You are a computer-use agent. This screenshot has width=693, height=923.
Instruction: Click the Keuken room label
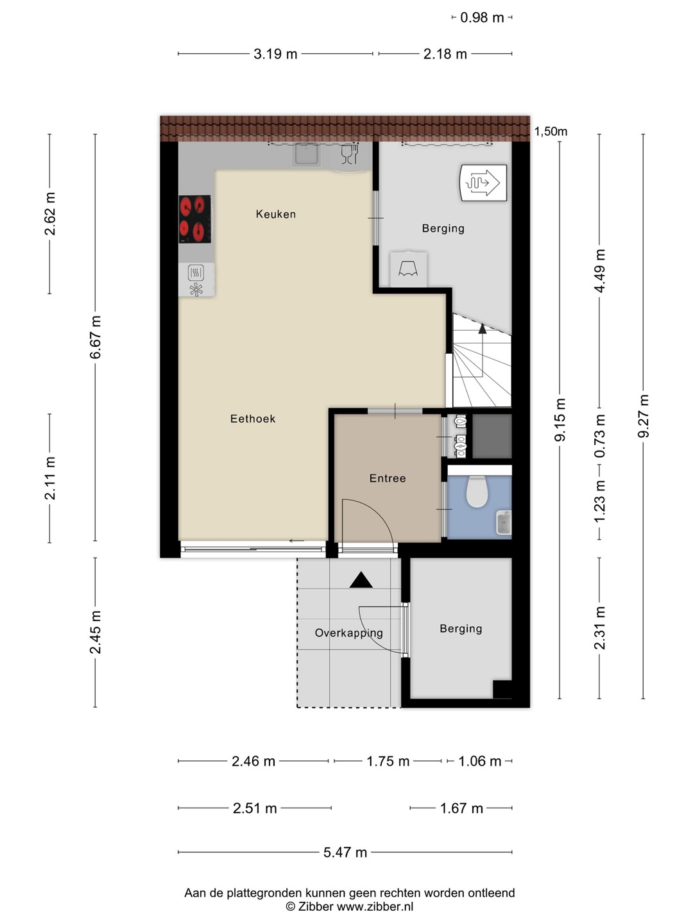point(276,214)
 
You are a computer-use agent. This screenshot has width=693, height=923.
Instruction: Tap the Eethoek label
point(252,419)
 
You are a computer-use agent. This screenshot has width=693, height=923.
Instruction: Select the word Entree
point(388,478)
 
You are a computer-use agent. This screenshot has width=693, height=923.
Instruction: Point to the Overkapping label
point(349,633)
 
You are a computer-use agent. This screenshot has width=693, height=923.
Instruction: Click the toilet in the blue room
point(477,491)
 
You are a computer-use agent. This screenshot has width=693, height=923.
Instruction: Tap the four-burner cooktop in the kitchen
point(195,219)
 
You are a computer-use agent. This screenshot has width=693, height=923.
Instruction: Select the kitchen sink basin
point(306,153)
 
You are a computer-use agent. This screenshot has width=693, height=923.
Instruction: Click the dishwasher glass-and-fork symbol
point(349,154)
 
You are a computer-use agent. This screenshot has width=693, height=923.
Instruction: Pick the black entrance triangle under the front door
point(361,580)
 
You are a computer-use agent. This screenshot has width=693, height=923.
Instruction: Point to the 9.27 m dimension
point(643,416)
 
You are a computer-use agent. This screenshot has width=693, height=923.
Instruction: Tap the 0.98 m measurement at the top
point(482,18)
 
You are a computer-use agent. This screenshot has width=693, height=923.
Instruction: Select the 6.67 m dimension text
point(96,337)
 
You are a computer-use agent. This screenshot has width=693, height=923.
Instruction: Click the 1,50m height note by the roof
point(551,131)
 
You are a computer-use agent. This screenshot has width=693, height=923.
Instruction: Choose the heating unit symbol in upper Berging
point(483,183)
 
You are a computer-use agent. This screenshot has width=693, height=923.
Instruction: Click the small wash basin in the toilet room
point(504,522)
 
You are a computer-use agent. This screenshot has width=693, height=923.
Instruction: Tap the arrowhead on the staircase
point(482,329)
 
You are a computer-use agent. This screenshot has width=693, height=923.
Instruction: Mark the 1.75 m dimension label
point(388,761)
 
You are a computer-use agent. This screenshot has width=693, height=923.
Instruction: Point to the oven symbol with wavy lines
point(196,273)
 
